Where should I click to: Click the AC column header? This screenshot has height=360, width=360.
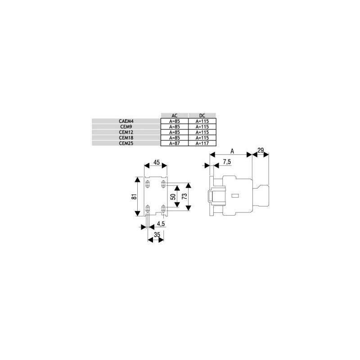click(x=175, y=115)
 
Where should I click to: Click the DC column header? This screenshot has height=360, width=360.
click(x=202, y=115)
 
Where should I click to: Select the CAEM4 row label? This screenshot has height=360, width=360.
click(x=126, y=121)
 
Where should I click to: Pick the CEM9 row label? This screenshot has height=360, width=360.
click(x=126, y=126)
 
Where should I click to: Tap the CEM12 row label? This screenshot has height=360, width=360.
click(x=126, y=132)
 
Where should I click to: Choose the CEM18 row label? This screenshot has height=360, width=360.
click(x=126, y=137)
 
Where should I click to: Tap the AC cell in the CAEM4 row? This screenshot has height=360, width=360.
click(x=175, y=121)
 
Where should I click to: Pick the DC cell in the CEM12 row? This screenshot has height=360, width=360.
click(x=202, y=132)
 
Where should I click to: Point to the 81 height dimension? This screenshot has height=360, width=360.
click(x=134, y=197)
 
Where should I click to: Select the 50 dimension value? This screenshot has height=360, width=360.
click(x=172, y=196)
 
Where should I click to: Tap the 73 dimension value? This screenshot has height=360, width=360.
click(x=184, y=196)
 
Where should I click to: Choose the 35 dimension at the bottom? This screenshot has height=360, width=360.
click(x=157, y=234)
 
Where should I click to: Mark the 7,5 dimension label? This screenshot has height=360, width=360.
click(x=227, y=162)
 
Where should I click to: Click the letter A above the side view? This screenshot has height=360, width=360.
click(x=232, y=150)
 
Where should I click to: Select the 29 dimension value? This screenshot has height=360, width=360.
click(x=261, y=150)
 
